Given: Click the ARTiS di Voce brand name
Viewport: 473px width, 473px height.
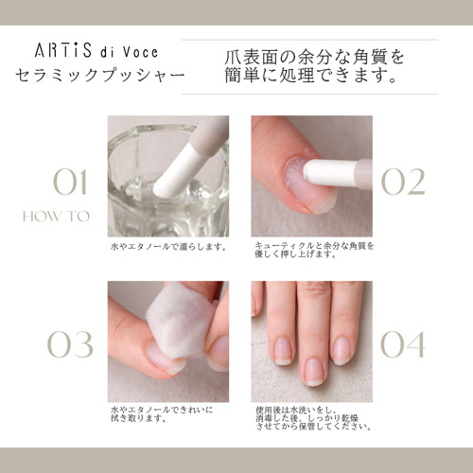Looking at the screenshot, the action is click(x=96, y=51).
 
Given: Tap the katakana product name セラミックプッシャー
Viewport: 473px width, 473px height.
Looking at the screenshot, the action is click(x=100, y=76).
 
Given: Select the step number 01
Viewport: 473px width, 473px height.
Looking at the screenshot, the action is click(x=70, y=183).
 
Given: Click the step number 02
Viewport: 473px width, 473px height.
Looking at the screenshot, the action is click(x=403, y=182).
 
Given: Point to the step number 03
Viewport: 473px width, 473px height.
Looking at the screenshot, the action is click(x=70, y=344).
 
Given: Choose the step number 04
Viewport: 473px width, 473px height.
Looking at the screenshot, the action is click(x=403, y=344).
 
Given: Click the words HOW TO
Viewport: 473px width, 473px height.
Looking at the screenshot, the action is click(x=56, y=217).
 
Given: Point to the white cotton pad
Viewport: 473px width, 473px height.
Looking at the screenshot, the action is click(x=181, y=319).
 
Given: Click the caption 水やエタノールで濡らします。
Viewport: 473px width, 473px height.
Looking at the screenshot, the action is click(x=168, y=246).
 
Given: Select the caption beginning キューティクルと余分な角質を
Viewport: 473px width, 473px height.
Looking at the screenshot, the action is click(x=314, y=250).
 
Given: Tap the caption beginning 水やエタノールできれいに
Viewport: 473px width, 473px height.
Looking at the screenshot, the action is click(x=162, y=414).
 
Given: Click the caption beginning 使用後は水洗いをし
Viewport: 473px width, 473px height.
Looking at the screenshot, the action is click(x=313, y=418).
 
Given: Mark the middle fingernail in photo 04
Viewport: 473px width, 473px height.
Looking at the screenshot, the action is click(x=314, y=372).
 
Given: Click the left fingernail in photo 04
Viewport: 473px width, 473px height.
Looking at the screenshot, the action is click(x=283, y=352).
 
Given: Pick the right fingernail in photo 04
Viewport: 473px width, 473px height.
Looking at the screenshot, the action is click(x=342, y=351).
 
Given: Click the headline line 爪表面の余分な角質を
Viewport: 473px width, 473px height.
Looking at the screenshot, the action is click(x=315, y=57).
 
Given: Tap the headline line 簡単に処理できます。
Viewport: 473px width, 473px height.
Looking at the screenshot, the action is click(x=311, y=76).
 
